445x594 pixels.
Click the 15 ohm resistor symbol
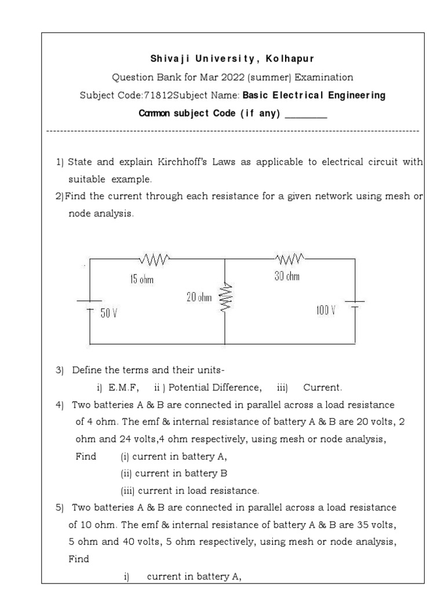coord(153,258)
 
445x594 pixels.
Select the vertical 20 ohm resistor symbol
coord(226,298)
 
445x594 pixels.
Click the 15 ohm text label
coord(142,280)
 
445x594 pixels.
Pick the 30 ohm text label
coord(287,277)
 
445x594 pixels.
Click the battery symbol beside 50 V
coord(89,305)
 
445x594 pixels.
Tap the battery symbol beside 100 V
coord(355,305)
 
